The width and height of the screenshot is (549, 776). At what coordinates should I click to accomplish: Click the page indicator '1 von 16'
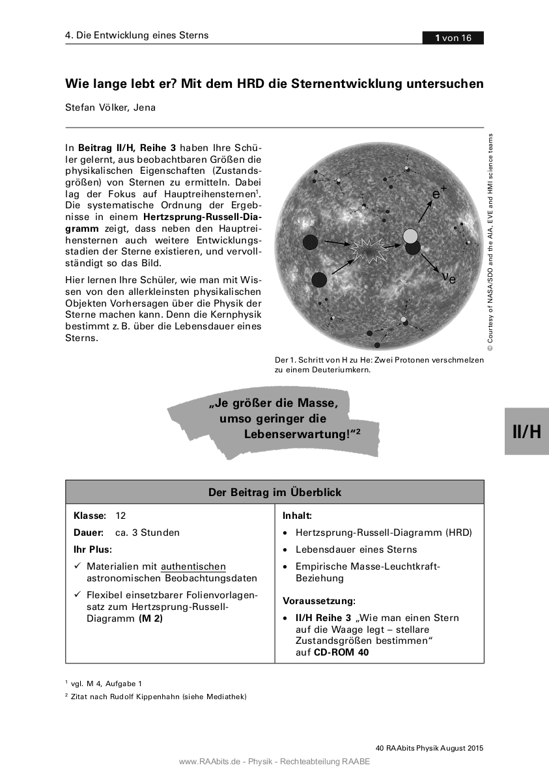(x=453, y=38)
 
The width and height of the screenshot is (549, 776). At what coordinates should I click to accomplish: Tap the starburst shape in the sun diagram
(x=369, y=248)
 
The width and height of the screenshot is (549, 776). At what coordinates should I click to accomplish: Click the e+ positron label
(x=440, y=193)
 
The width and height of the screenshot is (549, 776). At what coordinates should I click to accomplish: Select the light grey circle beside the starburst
(x=410, y=236)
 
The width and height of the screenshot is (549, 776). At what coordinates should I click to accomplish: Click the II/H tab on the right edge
(x=526, y=431)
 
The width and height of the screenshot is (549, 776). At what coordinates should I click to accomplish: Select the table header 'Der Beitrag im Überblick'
(x=274, y=492)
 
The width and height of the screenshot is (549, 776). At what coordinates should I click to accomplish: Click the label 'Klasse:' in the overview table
(x=90, y=516)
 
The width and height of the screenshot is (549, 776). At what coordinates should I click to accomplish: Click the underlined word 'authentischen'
(x=193, y=566)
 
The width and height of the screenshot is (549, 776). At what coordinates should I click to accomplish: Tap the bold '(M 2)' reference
(x=150, y=618)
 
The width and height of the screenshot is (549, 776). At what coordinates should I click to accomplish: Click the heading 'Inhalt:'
(x=297, y=516)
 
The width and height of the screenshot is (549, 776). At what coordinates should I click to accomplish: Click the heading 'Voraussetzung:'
(x=318, y=601)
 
